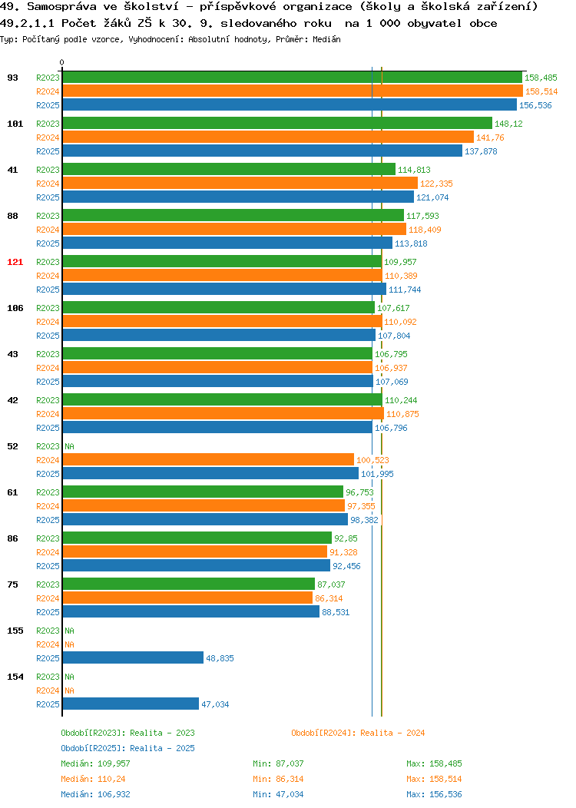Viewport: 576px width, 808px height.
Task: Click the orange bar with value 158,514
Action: point(293,91)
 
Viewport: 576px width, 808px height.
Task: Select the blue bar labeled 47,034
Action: point(131,704)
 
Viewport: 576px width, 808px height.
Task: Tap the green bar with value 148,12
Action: point(278,123)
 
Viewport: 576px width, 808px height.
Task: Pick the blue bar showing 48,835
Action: point(134,658)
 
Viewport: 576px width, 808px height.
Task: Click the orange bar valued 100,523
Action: point(209,459)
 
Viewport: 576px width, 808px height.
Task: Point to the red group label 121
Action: point(15,262)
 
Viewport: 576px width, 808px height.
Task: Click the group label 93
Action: point(13,78)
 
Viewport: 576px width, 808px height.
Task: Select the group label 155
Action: point(15,631)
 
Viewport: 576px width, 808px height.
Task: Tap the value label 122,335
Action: point(436,184)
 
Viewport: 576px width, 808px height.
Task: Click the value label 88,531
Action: point(336,612)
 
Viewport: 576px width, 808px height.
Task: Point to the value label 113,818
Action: point(411,243)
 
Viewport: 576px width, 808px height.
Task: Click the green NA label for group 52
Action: point(70,446)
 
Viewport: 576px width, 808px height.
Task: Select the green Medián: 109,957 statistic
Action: point(95,763)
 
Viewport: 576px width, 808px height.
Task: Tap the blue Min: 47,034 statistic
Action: point(278,795)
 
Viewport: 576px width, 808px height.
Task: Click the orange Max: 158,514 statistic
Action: point(435,779)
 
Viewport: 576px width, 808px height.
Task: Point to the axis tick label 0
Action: point(62,62)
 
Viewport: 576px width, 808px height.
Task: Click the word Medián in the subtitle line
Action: point(326,39)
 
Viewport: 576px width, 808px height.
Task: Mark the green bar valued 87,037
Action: point(189,584)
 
